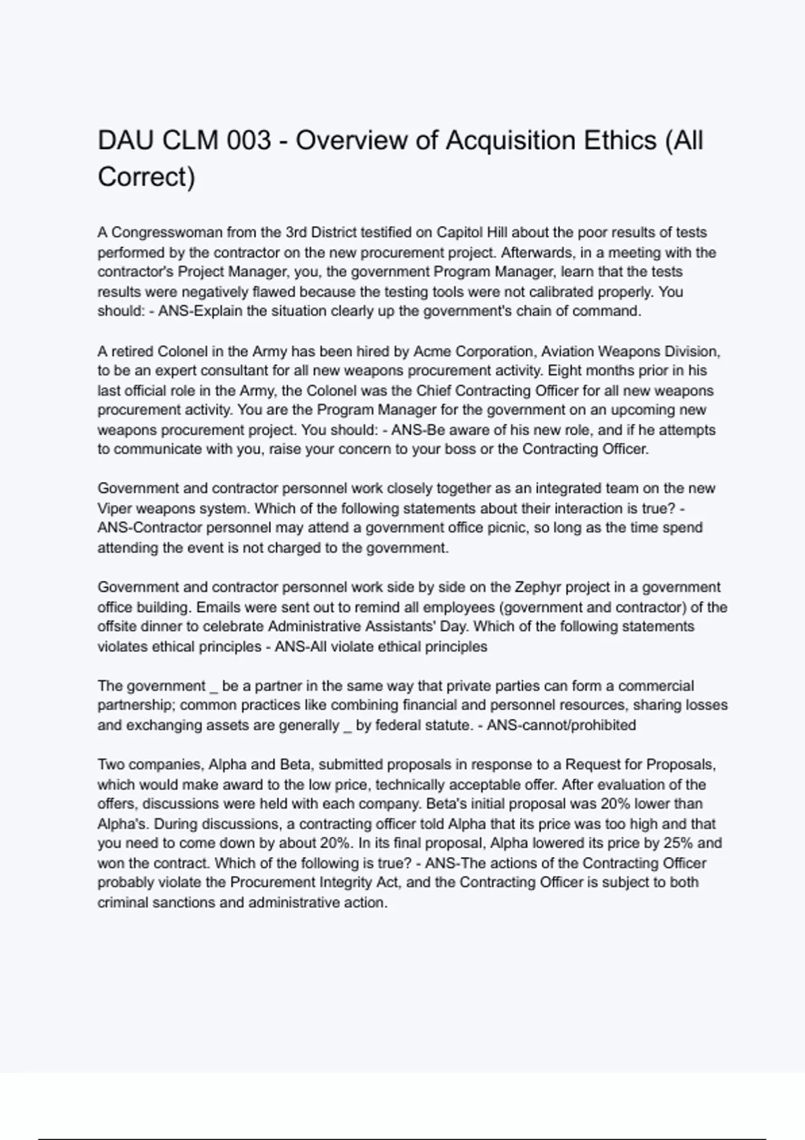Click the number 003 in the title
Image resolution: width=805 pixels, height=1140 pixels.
(249, 141)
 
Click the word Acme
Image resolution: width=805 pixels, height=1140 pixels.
(429, 351)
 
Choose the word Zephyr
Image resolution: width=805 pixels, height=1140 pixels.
(537, 587)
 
